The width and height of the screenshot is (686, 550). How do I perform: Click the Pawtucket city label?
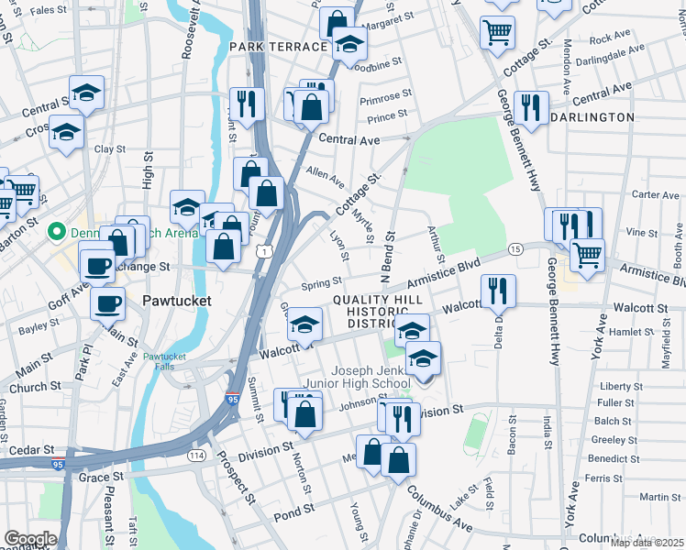pyautogui.click(x=177, y=301)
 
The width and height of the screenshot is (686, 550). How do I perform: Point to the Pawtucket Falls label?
pyautogui.click(x=164, y=361)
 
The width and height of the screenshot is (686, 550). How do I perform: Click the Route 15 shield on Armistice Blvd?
pyautogui.click(x=515, y=249)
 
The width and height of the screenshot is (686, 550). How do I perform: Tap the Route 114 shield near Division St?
pyautogui.click(x=196, y=456)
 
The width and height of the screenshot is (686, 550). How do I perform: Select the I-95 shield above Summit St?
pyautogui.click(x=232, y=401)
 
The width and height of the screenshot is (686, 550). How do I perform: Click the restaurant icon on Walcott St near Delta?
pyautogui.click(x=498, y=291)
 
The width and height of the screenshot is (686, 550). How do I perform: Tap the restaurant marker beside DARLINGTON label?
pyautogui.click(x=531, y=108)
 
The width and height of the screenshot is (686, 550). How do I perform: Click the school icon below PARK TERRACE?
pyautogui.click(x=349, y=42)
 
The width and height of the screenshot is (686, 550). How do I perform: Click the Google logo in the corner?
pyautogui.click(x=30, y=539)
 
